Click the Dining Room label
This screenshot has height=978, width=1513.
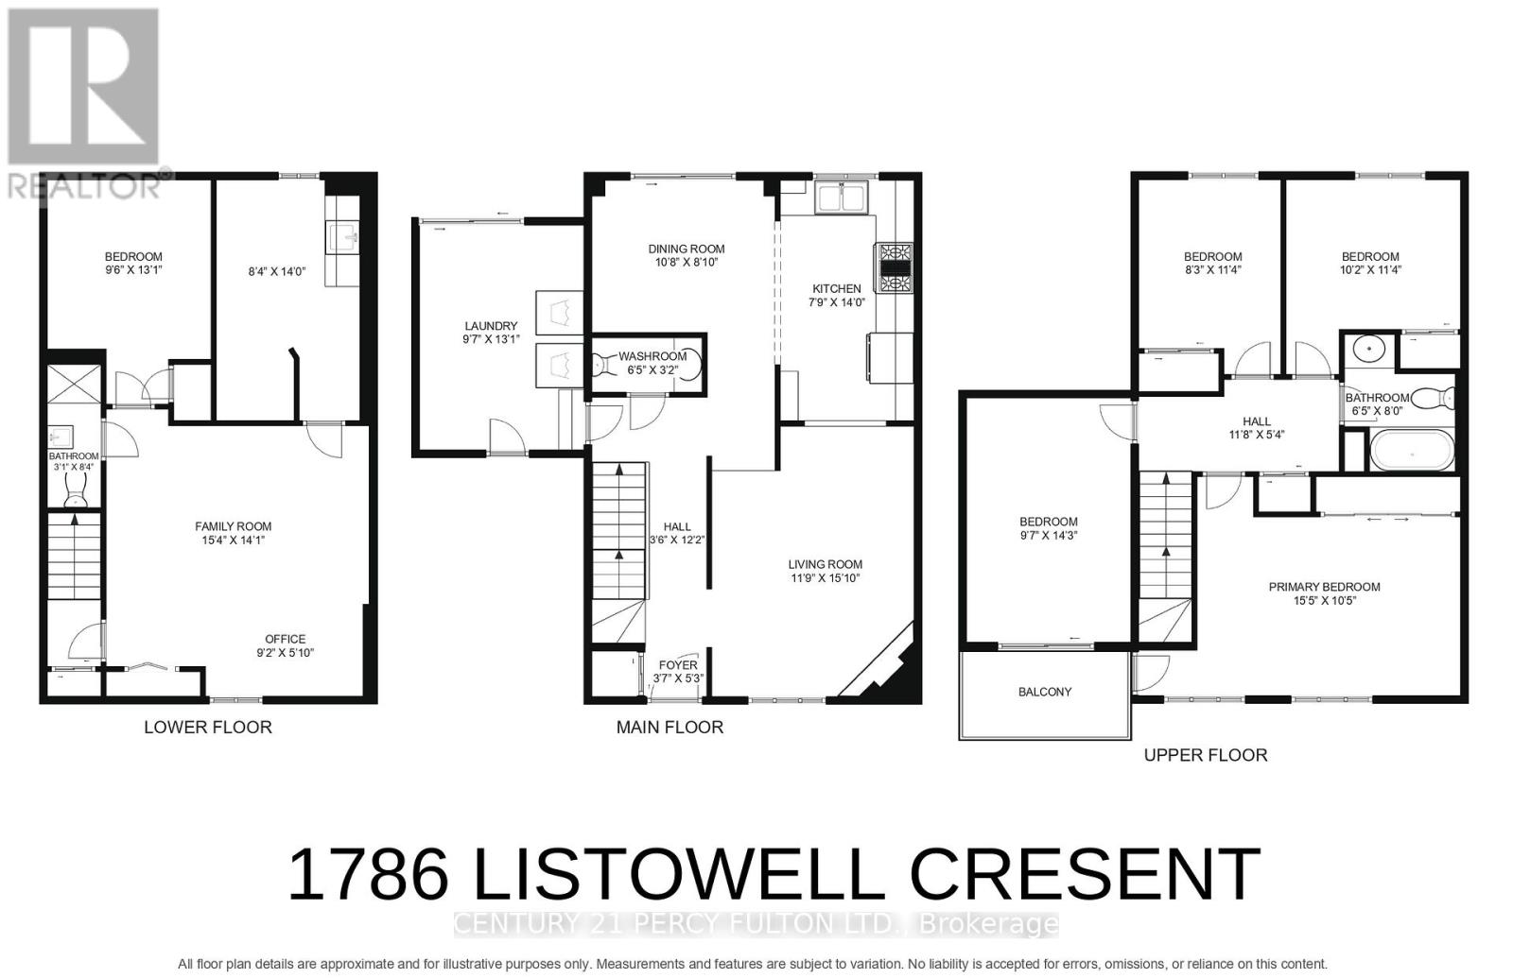(x=687, y=249)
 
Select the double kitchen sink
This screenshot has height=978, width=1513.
(x=841, y=199)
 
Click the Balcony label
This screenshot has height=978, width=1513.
(x=1045, y=692)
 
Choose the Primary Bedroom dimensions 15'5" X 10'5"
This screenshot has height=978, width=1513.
(x=1325, y=601)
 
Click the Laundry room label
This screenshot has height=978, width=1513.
(x=491, y=326)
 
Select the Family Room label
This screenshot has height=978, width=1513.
(x=234, y=526)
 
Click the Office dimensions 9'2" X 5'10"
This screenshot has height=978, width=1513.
(x=285, y=652)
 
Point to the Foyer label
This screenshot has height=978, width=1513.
(x=678, y=665)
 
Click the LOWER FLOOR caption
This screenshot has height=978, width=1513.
(x=207, y=727)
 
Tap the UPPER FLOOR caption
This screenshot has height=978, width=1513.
(x=1206, y=755)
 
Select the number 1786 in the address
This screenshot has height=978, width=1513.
(x=367, y=875)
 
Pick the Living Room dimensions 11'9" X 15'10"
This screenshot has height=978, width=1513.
(x=826, y=578)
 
